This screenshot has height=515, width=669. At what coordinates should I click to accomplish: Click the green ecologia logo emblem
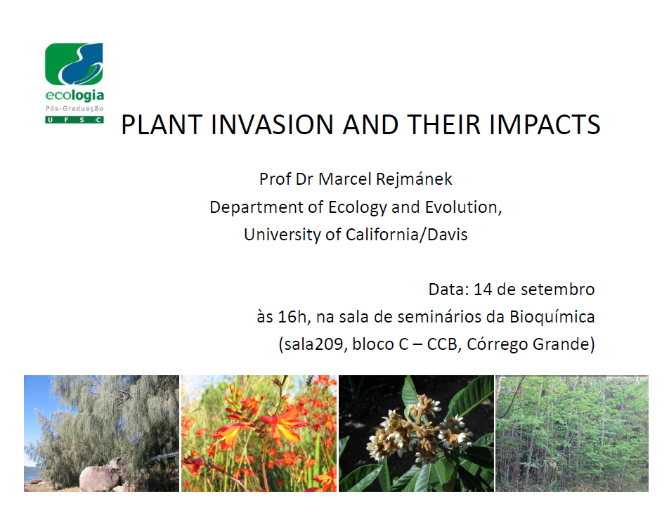(74, 63)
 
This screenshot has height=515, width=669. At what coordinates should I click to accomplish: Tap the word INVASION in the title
(272, 124)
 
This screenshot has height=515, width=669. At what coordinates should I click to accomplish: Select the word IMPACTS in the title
(545, 124)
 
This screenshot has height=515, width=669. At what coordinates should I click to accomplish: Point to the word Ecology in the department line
(358, 208)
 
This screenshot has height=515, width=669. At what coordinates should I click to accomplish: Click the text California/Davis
(407, 235)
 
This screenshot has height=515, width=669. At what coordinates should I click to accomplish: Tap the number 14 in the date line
(483, 289)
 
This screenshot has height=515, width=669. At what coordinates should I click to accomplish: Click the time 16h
(292, 317)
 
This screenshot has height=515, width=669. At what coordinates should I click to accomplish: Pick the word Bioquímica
(552, 318)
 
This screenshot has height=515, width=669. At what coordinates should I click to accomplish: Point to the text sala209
(313, 344)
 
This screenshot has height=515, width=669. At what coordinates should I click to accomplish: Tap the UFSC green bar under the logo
(74, 120)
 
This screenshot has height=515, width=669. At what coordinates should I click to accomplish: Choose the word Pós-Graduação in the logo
(74, 108)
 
